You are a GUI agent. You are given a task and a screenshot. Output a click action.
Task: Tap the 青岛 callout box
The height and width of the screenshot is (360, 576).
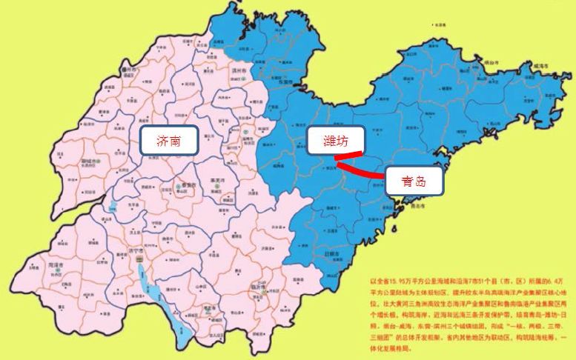click(414, 179)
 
